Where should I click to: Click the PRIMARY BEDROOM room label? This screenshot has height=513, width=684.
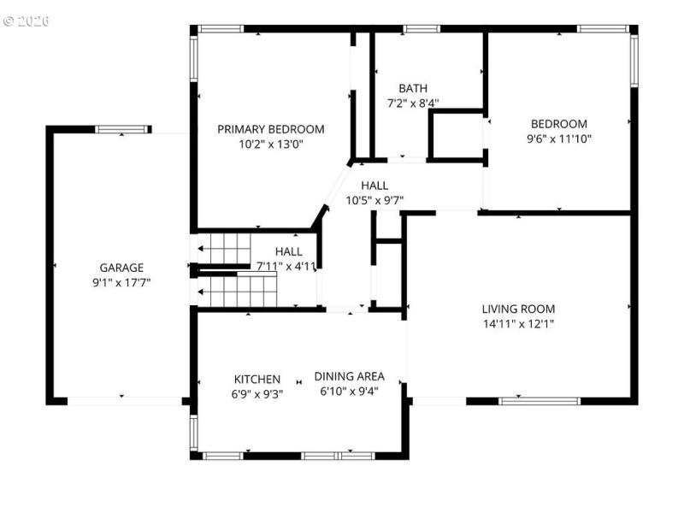coord(270,129)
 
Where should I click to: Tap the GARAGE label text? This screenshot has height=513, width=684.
coord(121,267)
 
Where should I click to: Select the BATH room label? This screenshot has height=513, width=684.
coord(413,88)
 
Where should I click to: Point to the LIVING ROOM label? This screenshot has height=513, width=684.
coord(518,309)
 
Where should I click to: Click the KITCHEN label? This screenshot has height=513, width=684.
coord(257,379)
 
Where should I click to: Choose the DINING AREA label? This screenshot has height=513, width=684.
coord(349,376)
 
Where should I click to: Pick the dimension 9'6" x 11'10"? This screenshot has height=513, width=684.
coord(559,138)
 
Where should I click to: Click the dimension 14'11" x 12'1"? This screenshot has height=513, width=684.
coord(518,324)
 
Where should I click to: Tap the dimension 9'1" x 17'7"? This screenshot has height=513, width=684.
coord(121,281)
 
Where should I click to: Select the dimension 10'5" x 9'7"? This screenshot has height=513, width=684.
coord(374,200)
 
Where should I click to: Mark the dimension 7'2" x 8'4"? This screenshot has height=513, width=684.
coord(413,103)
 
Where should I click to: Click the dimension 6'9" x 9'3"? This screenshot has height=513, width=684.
coord(257,394)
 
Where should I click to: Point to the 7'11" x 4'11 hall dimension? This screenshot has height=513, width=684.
coord(286,266)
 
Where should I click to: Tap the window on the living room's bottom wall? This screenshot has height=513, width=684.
coord(540,400)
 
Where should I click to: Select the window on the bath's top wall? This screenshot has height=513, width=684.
coord(422,29)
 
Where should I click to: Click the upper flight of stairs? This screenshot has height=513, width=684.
coord(223,248)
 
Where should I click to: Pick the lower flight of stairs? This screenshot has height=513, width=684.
coord(238,292)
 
